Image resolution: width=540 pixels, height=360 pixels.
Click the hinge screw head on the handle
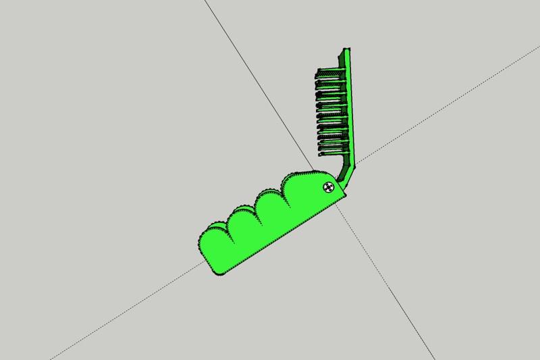click(x=329, y=187)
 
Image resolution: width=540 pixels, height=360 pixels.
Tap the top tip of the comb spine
click(x=348, y=50)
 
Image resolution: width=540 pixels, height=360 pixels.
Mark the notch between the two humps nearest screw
click(x=284, y=188)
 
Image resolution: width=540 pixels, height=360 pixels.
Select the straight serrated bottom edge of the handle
click(x=283, y=234)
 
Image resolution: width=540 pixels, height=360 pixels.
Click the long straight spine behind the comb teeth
click(x=349, y=108)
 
